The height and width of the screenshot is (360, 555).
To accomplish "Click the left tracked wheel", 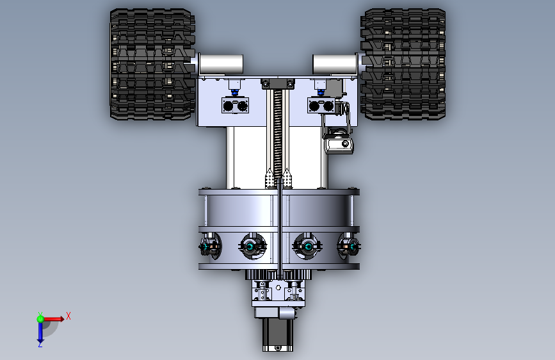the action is tap(152, 64).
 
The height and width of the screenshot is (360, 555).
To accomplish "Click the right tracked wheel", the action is tap(403, 64).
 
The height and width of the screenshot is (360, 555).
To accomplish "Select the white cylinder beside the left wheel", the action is tap(221, 64).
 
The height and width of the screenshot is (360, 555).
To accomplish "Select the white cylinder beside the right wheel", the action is tap(335, 64).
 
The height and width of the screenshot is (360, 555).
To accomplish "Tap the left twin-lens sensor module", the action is tap(235, 106).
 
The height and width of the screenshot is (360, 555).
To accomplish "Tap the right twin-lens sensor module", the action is tap(321, 106).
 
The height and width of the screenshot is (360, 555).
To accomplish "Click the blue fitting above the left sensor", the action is tap(234, 92).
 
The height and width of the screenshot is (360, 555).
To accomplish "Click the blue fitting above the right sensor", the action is tap(321, 92).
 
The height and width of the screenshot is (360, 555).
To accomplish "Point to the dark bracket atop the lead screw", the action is tap(278, 84).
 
